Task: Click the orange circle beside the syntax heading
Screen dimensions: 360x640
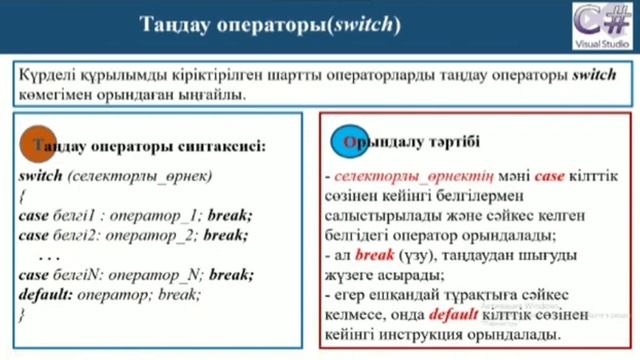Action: [38, 143]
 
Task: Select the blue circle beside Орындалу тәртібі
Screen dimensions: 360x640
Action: [346, 142]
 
